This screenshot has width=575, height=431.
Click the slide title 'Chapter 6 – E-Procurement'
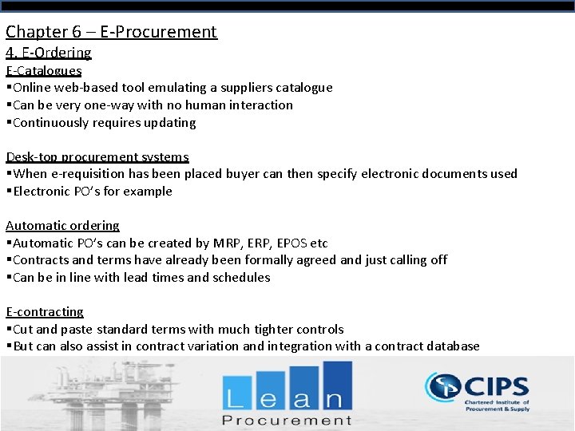111,32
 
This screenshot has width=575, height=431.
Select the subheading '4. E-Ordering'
49,53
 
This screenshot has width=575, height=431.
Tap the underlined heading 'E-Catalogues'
44,70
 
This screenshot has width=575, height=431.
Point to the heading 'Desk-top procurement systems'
97,156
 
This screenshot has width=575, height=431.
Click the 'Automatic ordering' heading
62,225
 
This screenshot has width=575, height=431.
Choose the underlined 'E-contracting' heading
45,311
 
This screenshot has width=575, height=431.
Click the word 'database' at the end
452,346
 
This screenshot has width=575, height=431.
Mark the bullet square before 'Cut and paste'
9,329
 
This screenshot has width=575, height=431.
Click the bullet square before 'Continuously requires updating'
9,122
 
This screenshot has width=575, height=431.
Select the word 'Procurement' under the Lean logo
287,421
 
